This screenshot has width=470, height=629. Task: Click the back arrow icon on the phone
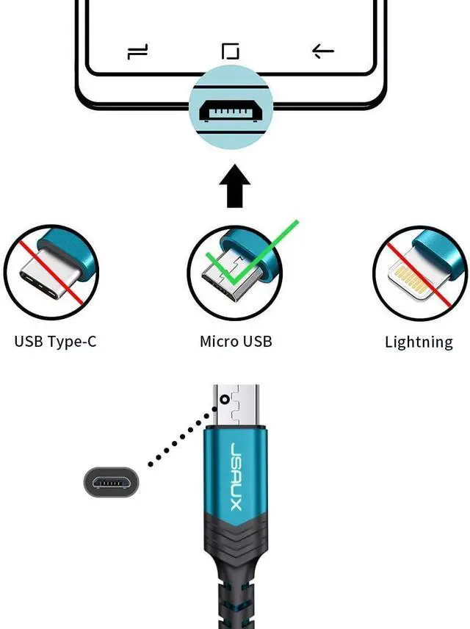click(x=323, y=51)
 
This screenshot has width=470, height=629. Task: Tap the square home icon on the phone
click(x=231, y=51)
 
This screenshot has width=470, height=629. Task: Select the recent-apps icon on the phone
click(x=137, y=51)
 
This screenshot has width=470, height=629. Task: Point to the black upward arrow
click(x=234, y=186)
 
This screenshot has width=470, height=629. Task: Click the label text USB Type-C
click(x=55, y=342)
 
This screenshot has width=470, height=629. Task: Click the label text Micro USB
click(x=236, y=342)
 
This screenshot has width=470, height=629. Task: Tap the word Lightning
click(x=419, y=342)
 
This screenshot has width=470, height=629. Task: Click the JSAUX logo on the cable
click(x=236, y=476)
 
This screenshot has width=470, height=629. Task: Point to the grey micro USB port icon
click(x=111, y=482)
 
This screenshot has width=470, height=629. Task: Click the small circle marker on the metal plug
click(x=225, y=400)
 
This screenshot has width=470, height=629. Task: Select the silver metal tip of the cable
click(x=236, y=406)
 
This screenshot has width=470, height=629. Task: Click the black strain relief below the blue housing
click(x=236, y=542)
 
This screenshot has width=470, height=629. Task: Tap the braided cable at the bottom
click(x=236, y=600)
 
